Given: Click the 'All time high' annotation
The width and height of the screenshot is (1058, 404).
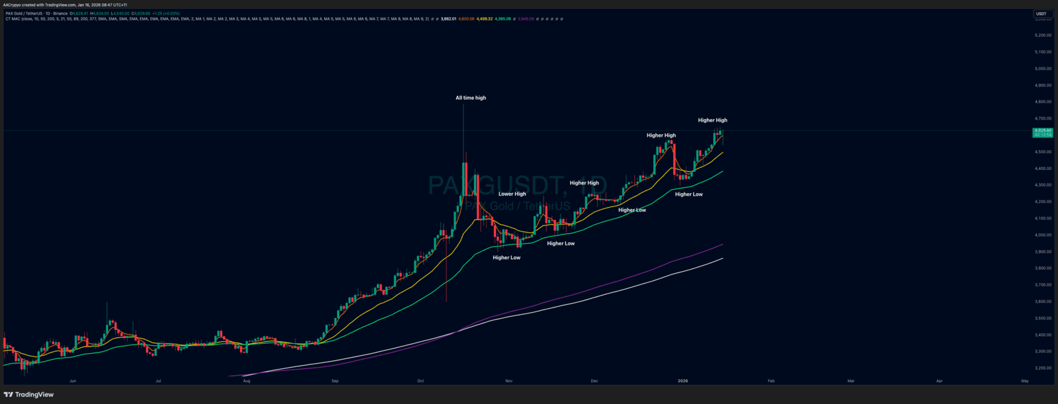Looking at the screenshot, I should [470, 98].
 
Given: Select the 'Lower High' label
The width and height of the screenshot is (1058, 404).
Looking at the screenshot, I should [512, 194].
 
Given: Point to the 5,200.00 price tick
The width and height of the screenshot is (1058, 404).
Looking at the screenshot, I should [1043, 35].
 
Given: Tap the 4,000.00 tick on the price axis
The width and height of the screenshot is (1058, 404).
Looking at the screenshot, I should [1043, 235].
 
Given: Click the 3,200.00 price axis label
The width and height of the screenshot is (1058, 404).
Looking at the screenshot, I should [1043, 368].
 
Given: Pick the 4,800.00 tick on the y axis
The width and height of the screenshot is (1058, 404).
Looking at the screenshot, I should [1043, 102].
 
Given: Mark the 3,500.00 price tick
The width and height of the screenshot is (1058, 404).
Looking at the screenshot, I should [1043, 318].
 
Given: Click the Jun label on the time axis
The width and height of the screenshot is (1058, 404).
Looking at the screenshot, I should [73, 381].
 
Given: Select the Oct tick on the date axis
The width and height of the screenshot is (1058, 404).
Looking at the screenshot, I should [421, 381].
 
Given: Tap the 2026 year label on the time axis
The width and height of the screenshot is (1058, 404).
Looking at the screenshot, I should [683, 381].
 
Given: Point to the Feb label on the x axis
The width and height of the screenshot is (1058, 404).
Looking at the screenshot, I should [771, 381].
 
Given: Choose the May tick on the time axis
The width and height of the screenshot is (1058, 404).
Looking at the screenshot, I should [1025, 381].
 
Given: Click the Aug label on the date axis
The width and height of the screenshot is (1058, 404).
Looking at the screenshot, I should [247, 381].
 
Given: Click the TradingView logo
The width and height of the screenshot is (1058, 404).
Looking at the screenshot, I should [28, 395].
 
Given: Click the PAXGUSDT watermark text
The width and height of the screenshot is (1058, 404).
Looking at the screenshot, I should [507, 186].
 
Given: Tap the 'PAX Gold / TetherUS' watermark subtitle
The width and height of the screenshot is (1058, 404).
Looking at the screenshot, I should [517, 206].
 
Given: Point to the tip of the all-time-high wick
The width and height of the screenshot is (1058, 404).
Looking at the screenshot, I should [463, 104].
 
